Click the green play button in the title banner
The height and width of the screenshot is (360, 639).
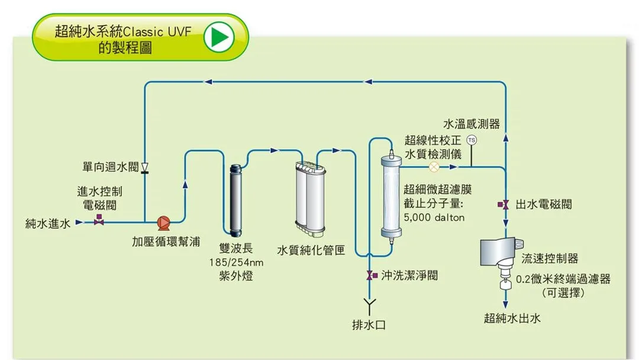point(220,37)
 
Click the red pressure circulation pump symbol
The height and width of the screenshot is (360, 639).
point(163,223)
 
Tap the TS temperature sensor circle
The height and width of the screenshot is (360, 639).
point(472,140)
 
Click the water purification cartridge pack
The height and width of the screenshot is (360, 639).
point(311,198)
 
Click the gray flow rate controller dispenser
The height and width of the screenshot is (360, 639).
point(501,252)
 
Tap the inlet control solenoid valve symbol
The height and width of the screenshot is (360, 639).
point(99,220)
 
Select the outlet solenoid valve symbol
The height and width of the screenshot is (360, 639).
point(504,204)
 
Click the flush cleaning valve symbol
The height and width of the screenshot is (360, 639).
point(372,275)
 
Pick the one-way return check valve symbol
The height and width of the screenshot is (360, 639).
point(144,168)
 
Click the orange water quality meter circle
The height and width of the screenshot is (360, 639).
point(434,167)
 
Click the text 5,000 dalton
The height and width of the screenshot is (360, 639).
point(434,217)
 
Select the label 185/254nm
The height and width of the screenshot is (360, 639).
point(236,262)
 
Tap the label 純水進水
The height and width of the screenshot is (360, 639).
point(48,223)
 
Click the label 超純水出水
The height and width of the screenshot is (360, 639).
point(512,318)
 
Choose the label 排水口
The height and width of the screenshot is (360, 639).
point(369,325)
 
